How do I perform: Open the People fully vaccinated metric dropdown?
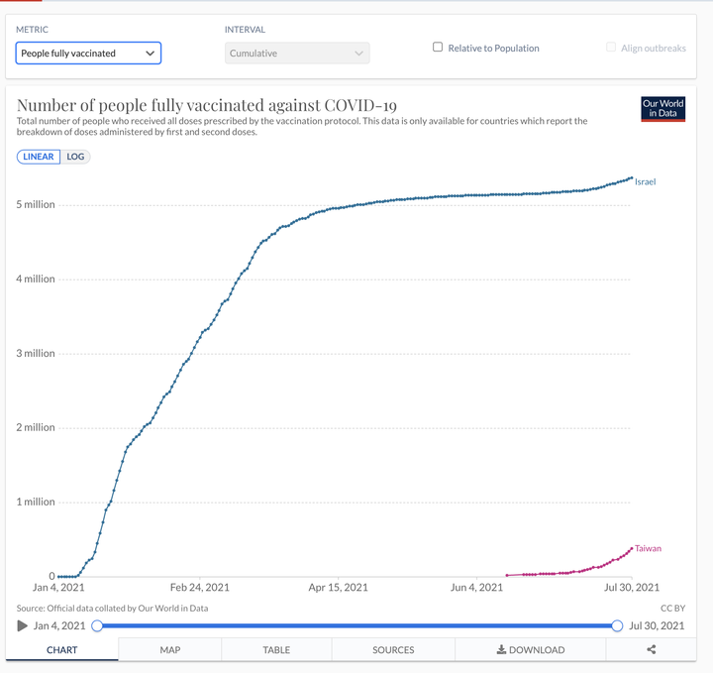(88, 54)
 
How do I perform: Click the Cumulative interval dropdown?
(297, 54)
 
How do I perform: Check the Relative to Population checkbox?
(438, 48)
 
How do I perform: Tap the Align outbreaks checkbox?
(611, 48)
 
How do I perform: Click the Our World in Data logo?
(662, 109)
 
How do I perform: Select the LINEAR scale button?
(39, 157)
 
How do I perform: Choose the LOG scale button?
(75, 157)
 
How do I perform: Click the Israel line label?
(646, 182)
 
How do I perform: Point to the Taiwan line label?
(648, 548)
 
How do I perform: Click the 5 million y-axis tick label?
(36, 204)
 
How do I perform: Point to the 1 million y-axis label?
(36, 502)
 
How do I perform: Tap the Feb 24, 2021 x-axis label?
(200, 588)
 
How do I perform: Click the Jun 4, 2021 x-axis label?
(476, 588)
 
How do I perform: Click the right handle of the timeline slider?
(617, 625)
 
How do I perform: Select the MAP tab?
(170, 650)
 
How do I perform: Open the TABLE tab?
(276, 650)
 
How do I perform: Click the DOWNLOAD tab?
(530, 650)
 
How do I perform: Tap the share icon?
(652, 649)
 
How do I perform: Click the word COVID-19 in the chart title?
(360, 105)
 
